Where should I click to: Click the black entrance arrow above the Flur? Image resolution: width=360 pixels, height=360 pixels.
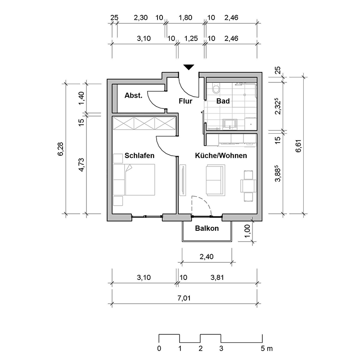[189, 67]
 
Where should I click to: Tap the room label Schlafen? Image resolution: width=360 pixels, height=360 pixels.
[139, 156]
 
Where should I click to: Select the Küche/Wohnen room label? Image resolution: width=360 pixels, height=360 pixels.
[220, 156]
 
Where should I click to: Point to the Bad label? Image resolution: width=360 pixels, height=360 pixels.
[223, 101]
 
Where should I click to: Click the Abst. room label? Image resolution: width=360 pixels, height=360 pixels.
[134, 95]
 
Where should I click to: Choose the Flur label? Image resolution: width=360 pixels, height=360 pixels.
[185, 101]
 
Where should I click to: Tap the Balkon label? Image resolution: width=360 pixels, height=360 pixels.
[207, 228]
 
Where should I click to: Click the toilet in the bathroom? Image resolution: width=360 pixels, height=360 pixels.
[215, 87]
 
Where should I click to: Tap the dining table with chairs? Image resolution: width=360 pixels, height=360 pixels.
[248, 185]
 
